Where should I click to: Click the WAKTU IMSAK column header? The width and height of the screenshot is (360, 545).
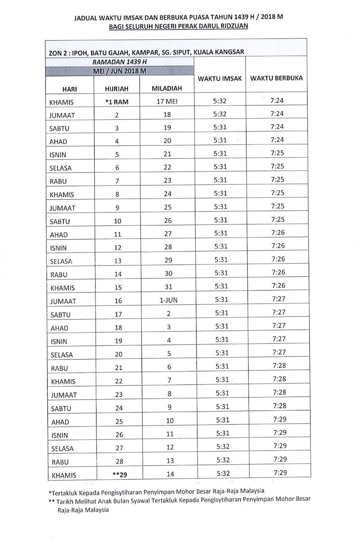point(220,79)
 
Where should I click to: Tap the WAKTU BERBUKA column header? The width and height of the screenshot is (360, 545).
point(276,78)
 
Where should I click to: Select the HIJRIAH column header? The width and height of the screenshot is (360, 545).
point(117,89)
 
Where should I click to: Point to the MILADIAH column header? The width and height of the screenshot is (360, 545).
point(167,89)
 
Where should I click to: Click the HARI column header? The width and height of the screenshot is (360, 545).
point(70,89)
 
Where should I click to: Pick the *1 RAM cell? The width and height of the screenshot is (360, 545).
point(117,102)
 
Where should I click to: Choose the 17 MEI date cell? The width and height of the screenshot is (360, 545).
point(167,102)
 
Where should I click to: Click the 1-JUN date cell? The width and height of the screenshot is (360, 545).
point(168,300)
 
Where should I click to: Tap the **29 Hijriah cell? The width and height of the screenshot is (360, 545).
point(119,474)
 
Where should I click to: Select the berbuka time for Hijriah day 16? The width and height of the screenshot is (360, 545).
point(279,299)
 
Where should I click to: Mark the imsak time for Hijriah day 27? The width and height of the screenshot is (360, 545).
point(223,447)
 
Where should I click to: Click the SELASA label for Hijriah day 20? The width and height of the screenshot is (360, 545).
point(62,355)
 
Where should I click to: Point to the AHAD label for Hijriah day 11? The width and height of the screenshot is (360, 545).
point(59,235)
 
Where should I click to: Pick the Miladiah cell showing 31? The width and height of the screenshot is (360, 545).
point(168,287)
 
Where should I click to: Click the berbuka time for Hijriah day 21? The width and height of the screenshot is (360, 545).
point(279,365)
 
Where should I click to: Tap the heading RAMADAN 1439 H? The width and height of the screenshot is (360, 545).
point(119,62)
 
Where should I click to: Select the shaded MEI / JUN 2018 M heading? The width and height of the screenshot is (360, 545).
point(120,71)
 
